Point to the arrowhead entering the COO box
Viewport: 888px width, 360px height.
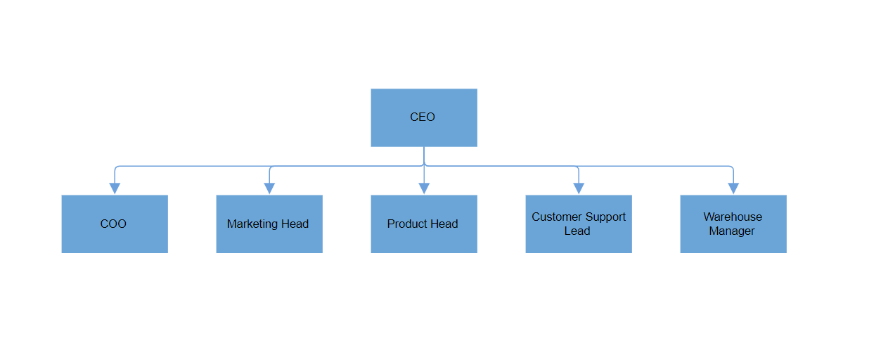click(x=115, y=188)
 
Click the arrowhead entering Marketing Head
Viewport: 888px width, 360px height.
click(x=269, y=188)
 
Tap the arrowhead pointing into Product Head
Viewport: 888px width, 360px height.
click(x=424, y=188)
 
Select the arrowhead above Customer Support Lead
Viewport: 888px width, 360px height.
click(x=579, y=188)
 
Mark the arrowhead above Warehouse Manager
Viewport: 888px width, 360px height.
click(x=733, y=188)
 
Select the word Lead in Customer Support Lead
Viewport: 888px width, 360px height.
click(x=577, y=231)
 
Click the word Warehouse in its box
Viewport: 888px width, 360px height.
click(x=733, y=217)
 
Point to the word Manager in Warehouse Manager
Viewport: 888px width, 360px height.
click(x=732, y=231)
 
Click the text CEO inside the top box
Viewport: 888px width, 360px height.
click(x=423, y=117)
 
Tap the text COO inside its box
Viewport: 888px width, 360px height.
click(x=113, y=224)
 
